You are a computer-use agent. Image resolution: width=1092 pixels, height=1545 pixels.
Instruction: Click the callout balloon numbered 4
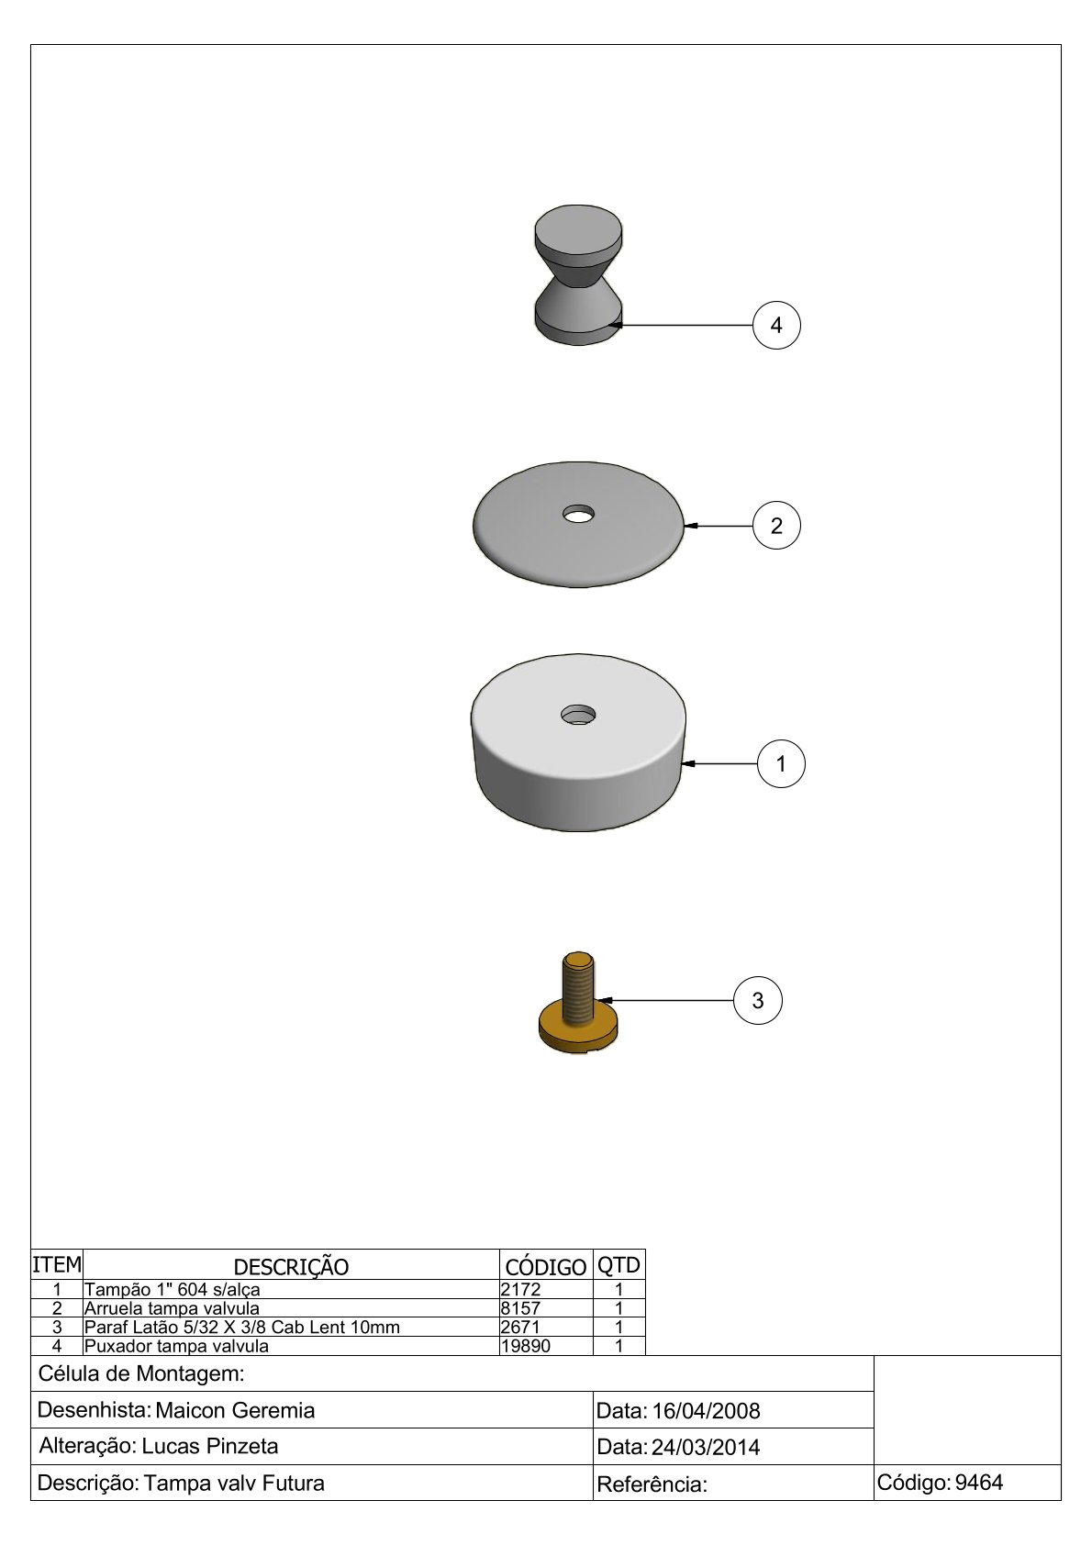click(776, 325)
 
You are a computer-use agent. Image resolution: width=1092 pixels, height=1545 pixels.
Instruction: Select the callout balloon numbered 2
click(776, 526)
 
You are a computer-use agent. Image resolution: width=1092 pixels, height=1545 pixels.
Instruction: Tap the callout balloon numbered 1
click(781, 763)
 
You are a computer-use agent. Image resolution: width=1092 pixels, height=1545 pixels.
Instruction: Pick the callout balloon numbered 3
click(757, 1000)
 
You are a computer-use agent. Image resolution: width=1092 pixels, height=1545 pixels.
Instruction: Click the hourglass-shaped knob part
click(578, 274)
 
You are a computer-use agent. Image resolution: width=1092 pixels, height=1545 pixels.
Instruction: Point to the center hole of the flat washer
click(578, 514)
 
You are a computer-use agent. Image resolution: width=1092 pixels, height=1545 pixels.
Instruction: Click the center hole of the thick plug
click(578, 715)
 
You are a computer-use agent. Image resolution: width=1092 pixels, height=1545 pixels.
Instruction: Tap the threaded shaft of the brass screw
click(578, 987)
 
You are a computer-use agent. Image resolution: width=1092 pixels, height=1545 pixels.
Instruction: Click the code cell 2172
click(521, 1290)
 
